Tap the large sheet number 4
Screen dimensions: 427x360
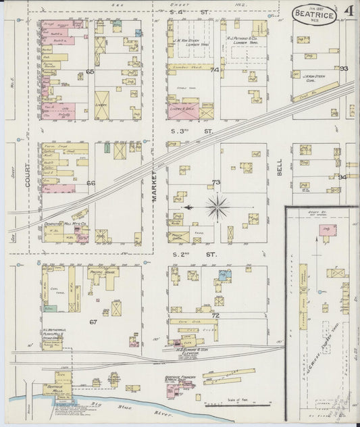click(x=349, y=12)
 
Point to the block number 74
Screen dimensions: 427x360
click(x=215, y=70)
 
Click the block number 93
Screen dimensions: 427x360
click(x=344, y=69)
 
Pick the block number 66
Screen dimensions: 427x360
click(x=91, y=182)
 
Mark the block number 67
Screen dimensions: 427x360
click(x=93, y=322)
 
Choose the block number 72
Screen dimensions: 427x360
click(x=215, y=316)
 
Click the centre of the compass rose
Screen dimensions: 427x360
click(x=217, y=207)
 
